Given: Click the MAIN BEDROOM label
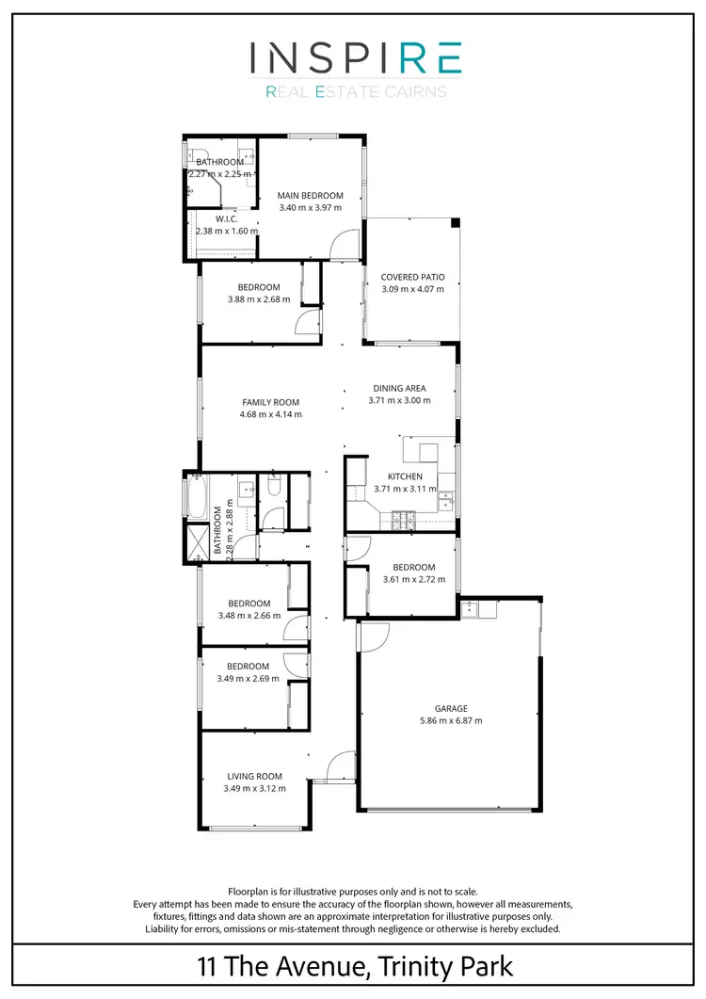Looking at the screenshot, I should point(310,196).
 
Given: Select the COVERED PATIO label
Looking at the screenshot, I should point(412,278).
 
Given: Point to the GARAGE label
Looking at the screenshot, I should point(451,709).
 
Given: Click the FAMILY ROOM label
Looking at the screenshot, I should point(270,402).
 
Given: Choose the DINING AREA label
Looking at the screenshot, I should point(399,388).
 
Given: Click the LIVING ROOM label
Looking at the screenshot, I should point(254,777).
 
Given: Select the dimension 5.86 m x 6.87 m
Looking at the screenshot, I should point(451,721).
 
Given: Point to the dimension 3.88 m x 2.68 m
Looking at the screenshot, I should point(259,299).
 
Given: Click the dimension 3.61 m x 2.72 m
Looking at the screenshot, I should point(413,579).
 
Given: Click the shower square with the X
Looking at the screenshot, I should point(196,544).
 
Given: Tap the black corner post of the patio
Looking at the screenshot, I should point(456,223).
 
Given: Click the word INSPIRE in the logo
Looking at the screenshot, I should point(355,59).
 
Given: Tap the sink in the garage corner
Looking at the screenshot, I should point(486,608).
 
